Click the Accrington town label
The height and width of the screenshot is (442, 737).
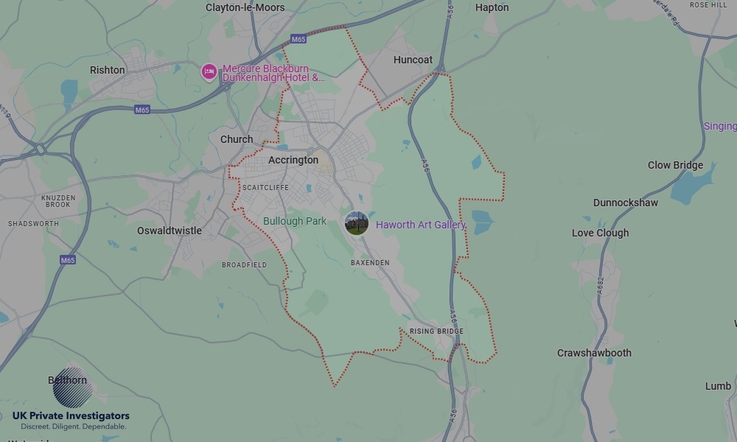point(293,160)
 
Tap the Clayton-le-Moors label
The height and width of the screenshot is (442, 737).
point(245,7)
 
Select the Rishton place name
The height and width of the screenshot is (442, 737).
point(108,70)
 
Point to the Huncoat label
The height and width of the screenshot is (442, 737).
point(413,60)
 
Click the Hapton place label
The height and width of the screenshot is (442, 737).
point(492,7)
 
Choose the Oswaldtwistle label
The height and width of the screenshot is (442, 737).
point(170,231)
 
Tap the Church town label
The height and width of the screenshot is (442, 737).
point(237,139)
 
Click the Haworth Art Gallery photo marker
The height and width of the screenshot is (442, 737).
point(357,224)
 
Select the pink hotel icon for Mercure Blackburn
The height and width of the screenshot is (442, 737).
point(209,72)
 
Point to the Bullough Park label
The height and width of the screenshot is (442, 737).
point(295,221)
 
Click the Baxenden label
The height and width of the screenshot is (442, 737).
point(370,262)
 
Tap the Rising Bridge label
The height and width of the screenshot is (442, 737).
point(436,331)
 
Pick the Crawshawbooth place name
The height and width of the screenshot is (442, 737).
point(594,353)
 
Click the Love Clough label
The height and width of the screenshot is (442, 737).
point(601,233)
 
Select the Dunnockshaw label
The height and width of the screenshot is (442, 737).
point(626,203)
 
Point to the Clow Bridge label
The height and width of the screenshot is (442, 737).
point(675,165)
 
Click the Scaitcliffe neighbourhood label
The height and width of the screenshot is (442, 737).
point(265,188)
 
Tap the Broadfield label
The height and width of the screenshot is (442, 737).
point(244,264)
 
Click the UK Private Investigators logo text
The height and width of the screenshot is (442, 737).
point(71,416)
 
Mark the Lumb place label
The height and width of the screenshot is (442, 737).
point(718,386)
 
